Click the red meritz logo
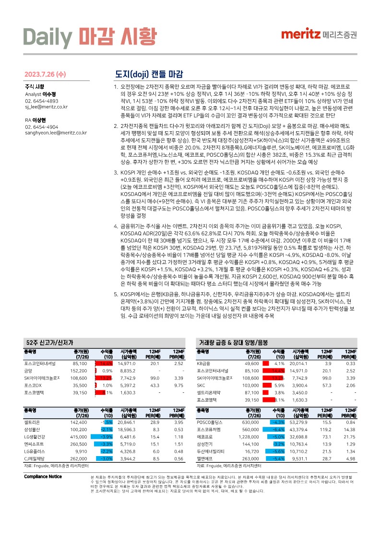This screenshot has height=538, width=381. click(x=301, y=34)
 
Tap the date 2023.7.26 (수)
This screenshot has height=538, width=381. click(x=45, y=75)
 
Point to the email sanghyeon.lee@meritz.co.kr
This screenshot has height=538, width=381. click(x=56, y=133)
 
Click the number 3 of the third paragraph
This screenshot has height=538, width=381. click(x=115, y=172)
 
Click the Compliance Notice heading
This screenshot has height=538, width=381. click(x=43, y=476)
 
